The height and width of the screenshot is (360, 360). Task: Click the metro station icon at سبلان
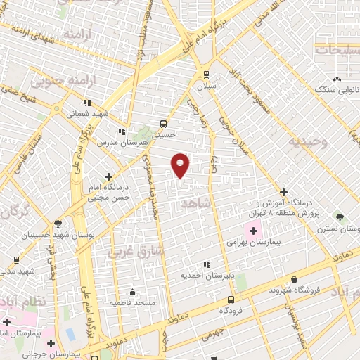click(x=206, y=74)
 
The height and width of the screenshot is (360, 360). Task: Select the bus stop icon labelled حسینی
click(x=163, y=123)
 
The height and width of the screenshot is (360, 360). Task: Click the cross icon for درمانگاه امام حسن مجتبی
click(x=108, y=176)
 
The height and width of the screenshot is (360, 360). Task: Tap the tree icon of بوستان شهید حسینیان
click(x=58, y=224)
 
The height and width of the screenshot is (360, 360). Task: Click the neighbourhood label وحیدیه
click(x=304, y=141)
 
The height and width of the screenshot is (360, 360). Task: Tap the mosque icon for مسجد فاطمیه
click(x=133, y=292)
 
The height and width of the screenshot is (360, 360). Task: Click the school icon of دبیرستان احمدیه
click(x=206, y=265)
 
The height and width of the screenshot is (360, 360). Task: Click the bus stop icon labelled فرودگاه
click(x=229, y=299)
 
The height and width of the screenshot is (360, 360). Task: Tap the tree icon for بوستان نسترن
click(x=340, y=217)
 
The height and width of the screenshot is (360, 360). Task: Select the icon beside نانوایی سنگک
click(x=337, y=79)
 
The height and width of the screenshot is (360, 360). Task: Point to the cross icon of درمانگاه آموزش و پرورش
click(x=283, y=191)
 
